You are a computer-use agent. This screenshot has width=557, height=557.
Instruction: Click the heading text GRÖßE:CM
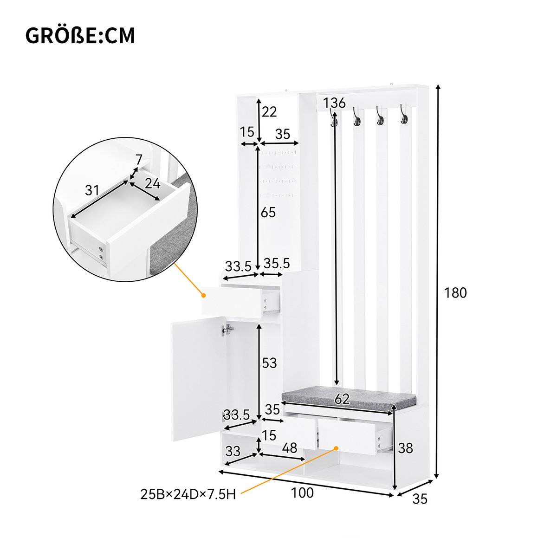(x=80, y=36)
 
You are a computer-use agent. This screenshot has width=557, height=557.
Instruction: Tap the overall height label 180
(x=455, y=293)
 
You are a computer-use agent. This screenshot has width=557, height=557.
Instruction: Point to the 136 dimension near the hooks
(x=334, y=103)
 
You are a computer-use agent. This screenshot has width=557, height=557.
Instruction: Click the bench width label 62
(x=342, y=399)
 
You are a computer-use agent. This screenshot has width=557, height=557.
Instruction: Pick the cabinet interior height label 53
(x=269, y=363)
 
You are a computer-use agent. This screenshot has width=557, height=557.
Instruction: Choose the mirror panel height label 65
(x=268, y=213)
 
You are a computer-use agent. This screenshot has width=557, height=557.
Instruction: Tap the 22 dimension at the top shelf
(x=269, y=111)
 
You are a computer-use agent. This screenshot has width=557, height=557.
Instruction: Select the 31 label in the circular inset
(x=92, y=190)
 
